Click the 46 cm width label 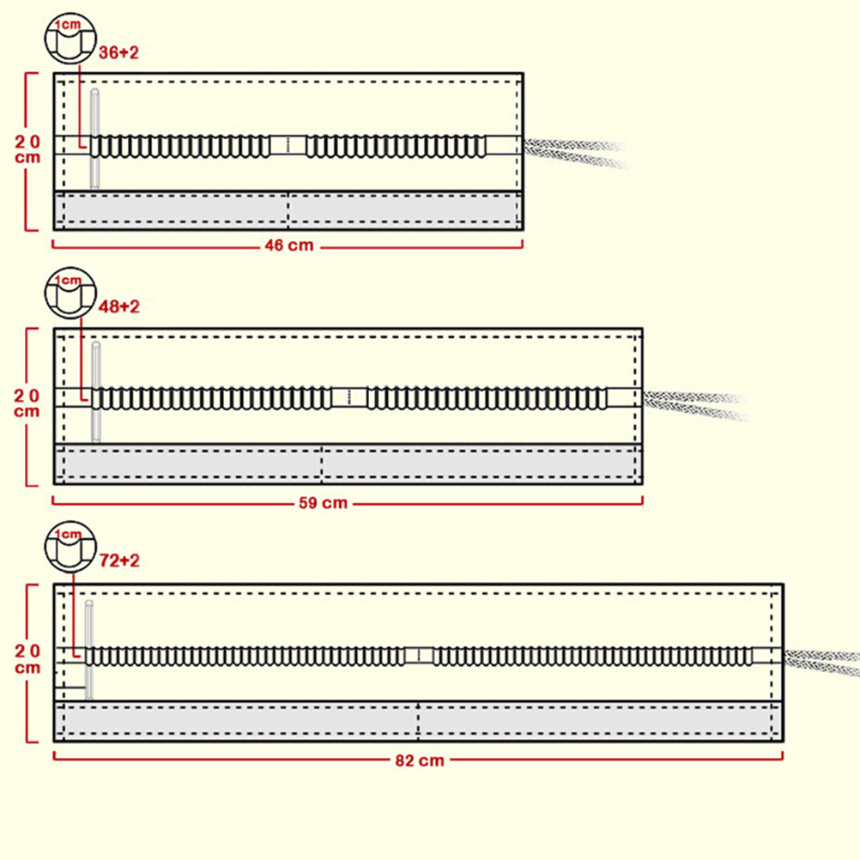(288, 246)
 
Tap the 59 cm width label (323, 503)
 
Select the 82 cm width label (420, 760)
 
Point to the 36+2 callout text (118, 52)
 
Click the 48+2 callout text (119, 306)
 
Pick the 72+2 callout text (119, 561)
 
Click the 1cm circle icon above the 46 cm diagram (68, 39)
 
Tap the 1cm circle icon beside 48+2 (69, 294)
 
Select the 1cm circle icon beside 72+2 (69, 548)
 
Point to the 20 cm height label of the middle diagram (28, 403)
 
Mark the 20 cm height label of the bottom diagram (28, 658)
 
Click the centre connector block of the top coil (288, 145)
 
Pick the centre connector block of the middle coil (349, 397)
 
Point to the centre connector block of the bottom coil (419, 656)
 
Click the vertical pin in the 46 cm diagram (94, 137)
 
